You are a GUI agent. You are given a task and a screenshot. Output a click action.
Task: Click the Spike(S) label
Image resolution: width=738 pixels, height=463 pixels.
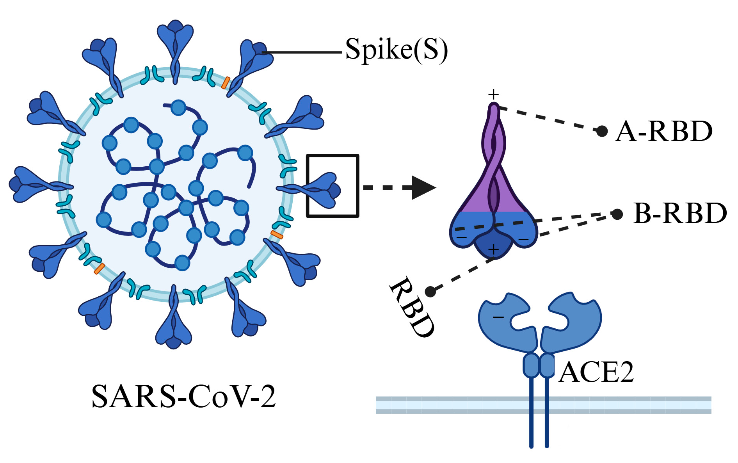[x=396, y=50]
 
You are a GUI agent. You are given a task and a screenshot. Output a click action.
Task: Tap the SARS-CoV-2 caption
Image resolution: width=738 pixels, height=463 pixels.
[x=183, y=397]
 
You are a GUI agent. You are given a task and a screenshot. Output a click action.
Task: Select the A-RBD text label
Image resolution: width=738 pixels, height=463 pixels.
[x=664, y=131]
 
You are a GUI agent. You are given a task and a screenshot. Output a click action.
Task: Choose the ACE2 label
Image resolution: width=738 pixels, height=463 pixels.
[x=596, y=372]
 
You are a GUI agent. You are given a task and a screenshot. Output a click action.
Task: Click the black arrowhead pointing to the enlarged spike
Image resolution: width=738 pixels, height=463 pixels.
[x=423, y=188]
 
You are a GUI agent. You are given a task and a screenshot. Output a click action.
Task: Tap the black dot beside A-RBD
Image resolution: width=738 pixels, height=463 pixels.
[x=602, y=131]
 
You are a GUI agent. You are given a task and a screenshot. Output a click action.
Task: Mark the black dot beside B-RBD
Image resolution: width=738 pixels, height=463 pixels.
[x=617, y=214]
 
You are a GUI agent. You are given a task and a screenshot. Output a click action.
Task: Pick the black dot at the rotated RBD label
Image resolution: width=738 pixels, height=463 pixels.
[x=430, y=291]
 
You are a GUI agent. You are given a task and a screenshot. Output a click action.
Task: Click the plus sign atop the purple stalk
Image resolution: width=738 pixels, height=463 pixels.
[x=494, y=94]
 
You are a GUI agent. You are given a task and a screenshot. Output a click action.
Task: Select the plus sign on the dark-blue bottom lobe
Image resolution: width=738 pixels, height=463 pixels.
[x=494, y=249]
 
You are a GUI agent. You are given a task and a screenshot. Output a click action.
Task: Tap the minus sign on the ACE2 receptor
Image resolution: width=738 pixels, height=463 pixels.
[x=498, y=317]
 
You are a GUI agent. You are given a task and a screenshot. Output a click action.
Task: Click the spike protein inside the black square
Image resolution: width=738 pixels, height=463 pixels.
[x=322, y=189]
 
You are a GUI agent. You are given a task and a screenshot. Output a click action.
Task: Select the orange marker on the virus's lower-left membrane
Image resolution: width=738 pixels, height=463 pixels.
[x=99, y=269]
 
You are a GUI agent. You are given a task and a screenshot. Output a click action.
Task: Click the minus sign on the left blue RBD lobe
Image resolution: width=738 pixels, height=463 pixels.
[x=462, y=237]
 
